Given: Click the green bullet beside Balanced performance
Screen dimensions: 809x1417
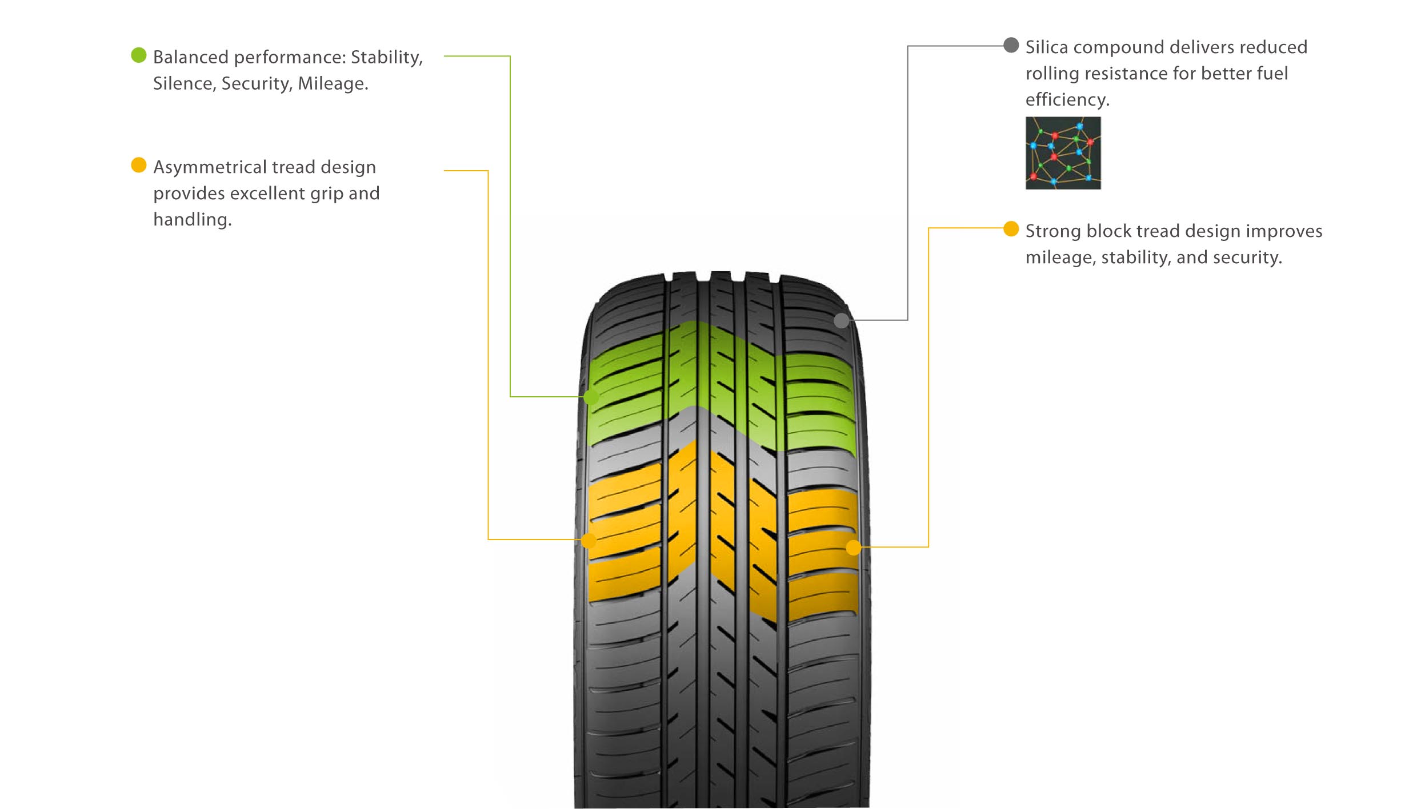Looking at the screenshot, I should coord(139,55).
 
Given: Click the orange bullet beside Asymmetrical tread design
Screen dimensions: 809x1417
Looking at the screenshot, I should coord(139,165).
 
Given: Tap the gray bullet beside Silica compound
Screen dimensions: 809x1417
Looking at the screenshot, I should coord(1011,45).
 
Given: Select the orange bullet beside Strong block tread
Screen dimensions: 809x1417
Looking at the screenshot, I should coord(1011,229).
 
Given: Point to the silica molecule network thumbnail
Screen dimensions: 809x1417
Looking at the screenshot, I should coord(1063,153).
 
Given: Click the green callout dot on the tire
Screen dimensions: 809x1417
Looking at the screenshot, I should coord(591,397).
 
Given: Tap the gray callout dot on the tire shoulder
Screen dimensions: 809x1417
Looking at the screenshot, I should coord(841,320).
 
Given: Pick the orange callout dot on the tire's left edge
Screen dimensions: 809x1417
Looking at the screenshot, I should coord(589,540).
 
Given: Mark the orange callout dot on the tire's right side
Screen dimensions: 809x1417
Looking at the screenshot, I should coord(853,548).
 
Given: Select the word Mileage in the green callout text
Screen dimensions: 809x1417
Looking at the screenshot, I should coord(333,84).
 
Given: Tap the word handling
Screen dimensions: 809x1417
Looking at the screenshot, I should coord(192,220).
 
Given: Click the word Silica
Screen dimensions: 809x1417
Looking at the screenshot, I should coord(1046,47).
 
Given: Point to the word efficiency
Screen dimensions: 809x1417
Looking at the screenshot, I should coord(1067,100).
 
